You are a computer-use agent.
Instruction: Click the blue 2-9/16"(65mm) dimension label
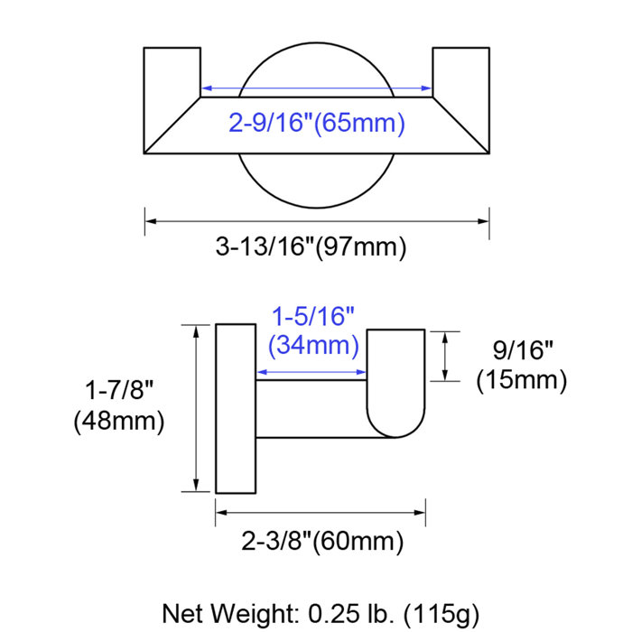(x=316, y=123)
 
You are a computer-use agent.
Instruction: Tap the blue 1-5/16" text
(x=314, y=317)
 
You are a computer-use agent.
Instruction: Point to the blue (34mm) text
(x=314, y=345)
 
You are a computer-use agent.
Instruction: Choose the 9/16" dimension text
(x=521, y=349)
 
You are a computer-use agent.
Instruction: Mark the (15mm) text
(x=521, y=380)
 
